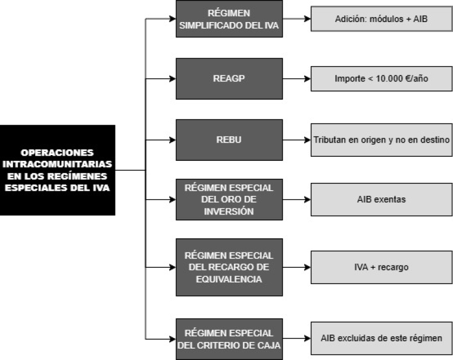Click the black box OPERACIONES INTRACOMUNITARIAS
tap(58, 170)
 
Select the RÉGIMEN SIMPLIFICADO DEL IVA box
tap(229, 19)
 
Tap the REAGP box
tap(229, 79)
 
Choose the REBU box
tap(229, 140)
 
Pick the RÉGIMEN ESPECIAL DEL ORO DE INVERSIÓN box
tap(229, 199)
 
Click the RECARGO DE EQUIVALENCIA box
tap(229, 267)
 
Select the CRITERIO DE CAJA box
tap(229, 339)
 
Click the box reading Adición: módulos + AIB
tap(381, 19)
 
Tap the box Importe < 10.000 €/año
tap(381, 79)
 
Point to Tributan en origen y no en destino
tap(381, 140)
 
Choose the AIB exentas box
tap(381, 199)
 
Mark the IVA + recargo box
tap(381, 267)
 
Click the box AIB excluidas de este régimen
tap(381, 338)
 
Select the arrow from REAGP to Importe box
tap(297, 79)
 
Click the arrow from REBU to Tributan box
tap(297, 140)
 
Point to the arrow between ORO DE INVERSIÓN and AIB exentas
tap(297, 199)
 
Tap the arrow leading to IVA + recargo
tap(297, 267)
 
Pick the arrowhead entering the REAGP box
tap(173, 79)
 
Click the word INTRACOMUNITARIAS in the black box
tap(57, 164)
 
